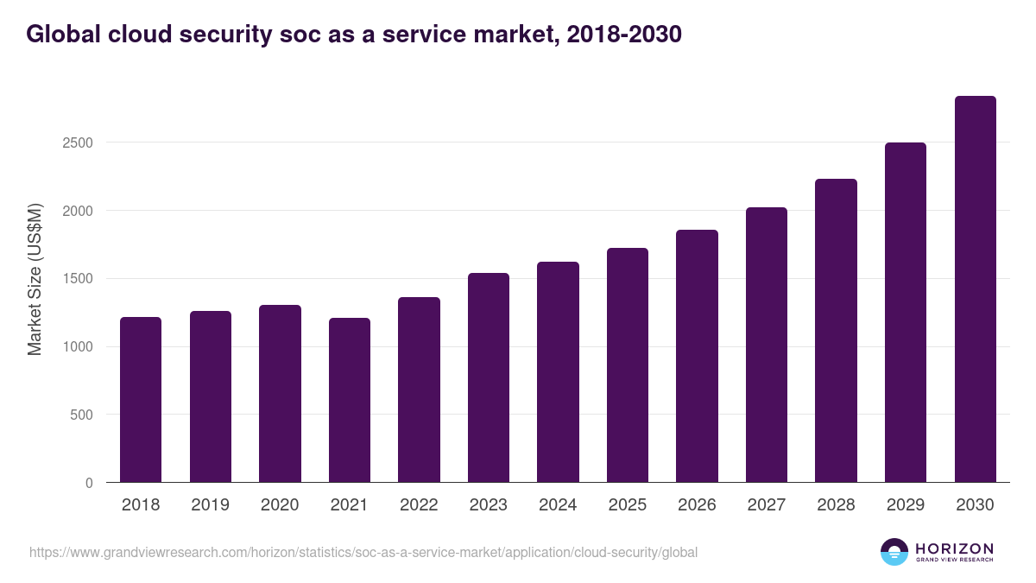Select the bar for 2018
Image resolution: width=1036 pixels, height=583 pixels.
(x=141, y=399)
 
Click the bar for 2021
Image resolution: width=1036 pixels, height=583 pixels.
(x=350, y=400)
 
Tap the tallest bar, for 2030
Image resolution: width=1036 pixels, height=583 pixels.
(x=975, y=289)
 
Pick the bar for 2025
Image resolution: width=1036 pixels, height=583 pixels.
(x=628, y=364)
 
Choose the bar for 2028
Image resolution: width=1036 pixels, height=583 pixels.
(x=836, y=330)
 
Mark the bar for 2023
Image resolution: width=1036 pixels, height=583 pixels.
(x=489, y=377)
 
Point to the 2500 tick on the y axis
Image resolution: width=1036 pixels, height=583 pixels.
(x=77, y=143)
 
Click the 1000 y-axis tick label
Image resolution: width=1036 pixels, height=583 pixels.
(x=77, y=347)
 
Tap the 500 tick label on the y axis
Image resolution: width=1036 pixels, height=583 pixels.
(x=80, y=415)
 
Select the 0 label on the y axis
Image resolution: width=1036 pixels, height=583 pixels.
(x=89, y=483)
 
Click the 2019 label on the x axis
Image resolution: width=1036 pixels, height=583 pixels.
(x=210, y=505)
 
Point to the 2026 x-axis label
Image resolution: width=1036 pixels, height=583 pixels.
(x=697, y=505)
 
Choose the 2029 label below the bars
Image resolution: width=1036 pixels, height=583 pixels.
(x=905, y=505)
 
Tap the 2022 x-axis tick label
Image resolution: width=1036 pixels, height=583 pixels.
(x=419, y=505)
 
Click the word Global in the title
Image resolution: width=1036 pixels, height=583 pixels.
(x=60, y=35)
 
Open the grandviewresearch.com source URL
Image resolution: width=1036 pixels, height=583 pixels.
(x=363, y=552)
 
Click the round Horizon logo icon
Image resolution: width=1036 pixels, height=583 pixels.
(x=894, y=552)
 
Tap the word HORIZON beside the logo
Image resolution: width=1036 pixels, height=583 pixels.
(x=954, y=548)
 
